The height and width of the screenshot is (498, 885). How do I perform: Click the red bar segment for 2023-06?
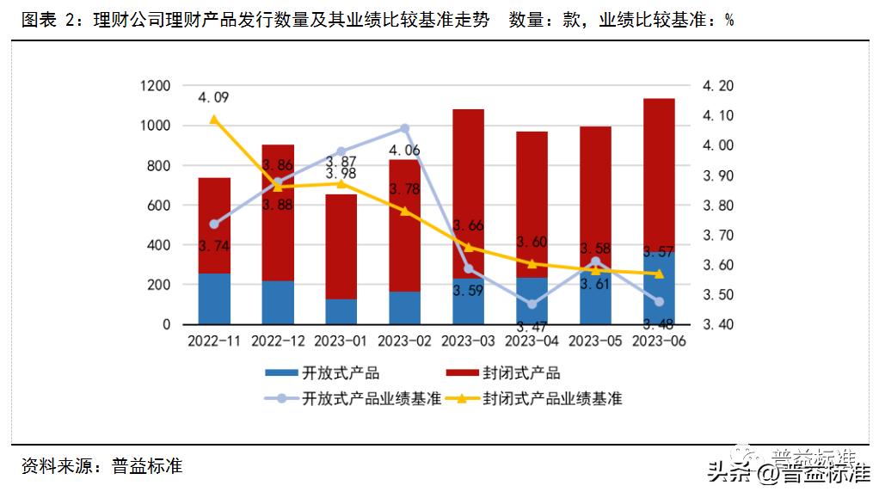click(659, 172)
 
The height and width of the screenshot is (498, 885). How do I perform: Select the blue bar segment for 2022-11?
click(214, 298)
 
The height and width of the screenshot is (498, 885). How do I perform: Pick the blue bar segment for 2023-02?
click(405, 308)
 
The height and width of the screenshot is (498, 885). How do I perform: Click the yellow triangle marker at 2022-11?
click(214, 120)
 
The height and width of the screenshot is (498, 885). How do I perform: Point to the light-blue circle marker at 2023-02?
click(405, 129)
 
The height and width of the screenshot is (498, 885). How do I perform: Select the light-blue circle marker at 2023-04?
click(532, 304)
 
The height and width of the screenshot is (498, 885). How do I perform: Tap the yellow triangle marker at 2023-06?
click(659, 274)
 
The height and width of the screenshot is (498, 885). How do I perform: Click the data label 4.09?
click(213, 97)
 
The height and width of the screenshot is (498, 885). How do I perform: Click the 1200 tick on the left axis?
click(155, 86)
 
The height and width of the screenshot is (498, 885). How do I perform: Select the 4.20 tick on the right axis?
click(718, 86)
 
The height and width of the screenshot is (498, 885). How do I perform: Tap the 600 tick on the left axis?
click(158, 206)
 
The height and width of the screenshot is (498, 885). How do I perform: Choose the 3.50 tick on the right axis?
click(718, 295)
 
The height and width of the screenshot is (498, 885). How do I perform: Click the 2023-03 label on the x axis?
click(469, 341)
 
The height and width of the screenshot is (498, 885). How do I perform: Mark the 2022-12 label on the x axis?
click(278, 341)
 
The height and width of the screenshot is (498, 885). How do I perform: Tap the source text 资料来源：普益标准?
click(102, 467)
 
